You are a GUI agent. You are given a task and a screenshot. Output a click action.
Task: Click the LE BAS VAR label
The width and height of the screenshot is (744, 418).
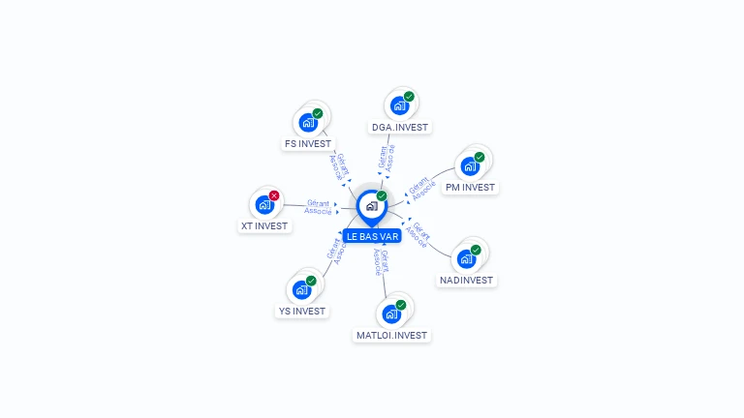click(x=372, y=236)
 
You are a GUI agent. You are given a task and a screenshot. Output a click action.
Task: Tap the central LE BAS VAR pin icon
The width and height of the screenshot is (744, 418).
click(x=371, y=206)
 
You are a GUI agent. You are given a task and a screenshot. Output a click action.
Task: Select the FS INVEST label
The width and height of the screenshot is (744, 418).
click(x=308, y=144)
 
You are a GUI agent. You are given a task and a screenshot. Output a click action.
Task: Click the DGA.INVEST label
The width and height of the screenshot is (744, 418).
click(x=399, y=127)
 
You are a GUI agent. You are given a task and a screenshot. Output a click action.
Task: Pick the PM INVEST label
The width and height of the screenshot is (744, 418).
click(x=470, y=188)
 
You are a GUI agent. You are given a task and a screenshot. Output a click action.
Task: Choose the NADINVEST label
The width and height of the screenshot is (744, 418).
click(x=466, y=281)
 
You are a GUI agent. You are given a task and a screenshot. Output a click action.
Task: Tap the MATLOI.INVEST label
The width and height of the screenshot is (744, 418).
click(x=391, y=336)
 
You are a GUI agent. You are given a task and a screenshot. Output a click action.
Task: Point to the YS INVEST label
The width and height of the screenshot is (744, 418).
click(x=301, y=312)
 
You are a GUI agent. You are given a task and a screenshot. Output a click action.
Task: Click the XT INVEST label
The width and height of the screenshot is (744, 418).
click(x=264, y=226)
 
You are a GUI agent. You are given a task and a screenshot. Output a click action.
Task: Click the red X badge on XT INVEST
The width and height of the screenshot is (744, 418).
click(x=274, y=195)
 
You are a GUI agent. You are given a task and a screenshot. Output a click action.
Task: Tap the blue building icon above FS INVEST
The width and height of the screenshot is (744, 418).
click(x=308, y=123)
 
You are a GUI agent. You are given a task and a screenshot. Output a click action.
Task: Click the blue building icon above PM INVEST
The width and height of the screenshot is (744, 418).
click(x=470, y=165)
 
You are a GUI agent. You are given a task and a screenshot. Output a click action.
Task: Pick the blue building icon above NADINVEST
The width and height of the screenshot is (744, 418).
click(x=466, y=258)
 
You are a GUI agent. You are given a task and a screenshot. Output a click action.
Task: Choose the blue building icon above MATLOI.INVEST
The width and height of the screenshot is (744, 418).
click(x=390, y=313)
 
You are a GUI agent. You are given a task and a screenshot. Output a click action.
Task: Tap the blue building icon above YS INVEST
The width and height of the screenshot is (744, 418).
click(x=301, y=289)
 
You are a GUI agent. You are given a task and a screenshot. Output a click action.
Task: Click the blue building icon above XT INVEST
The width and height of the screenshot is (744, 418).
click(x=263, y=204)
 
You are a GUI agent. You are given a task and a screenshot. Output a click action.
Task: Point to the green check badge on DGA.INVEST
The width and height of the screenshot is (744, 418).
click(x=409, y=97)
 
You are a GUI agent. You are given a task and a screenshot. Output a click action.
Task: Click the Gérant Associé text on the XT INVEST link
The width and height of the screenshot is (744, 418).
click(x=318, y=207)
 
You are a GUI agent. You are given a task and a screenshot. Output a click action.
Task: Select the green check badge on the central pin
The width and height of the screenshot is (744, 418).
click(x=382, y=195)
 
